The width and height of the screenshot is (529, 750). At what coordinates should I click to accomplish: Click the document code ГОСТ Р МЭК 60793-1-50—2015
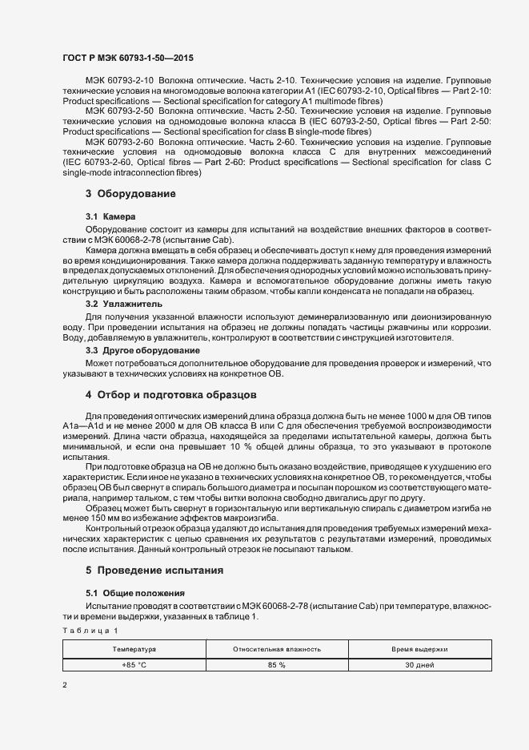click(127, 58)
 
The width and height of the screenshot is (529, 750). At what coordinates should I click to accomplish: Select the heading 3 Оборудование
click(130, 194)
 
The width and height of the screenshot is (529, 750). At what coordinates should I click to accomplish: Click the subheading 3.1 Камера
click(110, 217)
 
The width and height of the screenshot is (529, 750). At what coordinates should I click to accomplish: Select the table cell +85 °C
click(134, 664)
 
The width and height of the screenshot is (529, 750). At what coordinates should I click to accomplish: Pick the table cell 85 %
click(277, 664)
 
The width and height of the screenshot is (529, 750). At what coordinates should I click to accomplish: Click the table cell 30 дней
click(419, 664)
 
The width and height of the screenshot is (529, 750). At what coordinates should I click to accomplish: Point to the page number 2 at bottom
click(65, 686)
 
